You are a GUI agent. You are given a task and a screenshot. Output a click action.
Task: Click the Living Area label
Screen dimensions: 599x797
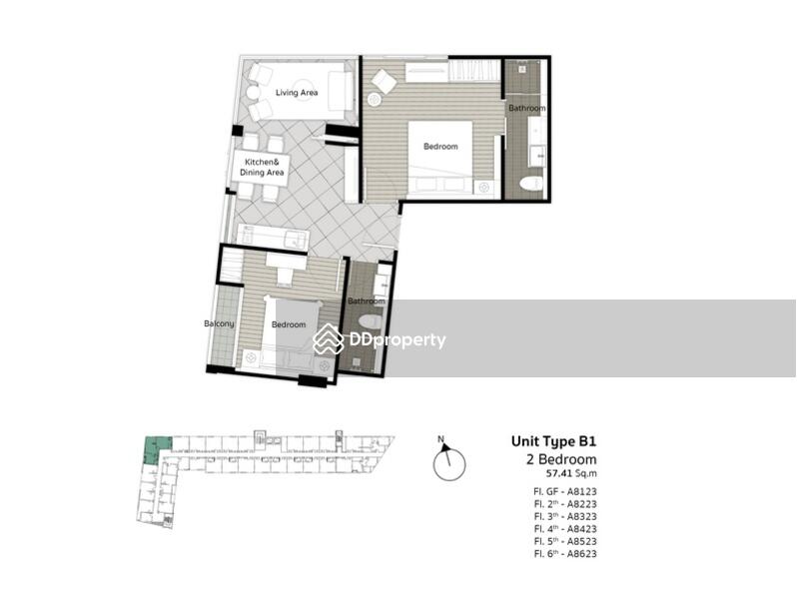pyautogui.click(x=296, y=93)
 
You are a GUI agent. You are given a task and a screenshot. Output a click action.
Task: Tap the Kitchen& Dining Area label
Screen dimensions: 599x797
pyautogui.click(x=262, y=167)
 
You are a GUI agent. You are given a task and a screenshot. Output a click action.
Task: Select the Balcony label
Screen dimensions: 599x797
pyautogui.click(x=219, y=323)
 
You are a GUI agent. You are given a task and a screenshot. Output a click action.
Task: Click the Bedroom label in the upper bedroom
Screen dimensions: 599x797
pyautogui.click(x=440, y=147)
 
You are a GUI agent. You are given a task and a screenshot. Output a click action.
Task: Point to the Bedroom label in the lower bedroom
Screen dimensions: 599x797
pyautogui.click(x=289, y=324)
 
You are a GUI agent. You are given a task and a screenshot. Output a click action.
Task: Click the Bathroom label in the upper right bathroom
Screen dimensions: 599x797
pyautogui.click(x=526, y=108)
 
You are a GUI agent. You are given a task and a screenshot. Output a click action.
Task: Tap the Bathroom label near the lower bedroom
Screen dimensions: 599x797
pyautogui.click(x=366, y=300)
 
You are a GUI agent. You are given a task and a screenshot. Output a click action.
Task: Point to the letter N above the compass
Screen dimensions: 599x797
pyautogui.click(x=440, y=439)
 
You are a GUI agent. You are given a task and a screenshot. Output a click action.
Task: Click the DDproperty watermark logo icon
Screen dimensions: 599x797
pyautogui.click(x=329, y=339)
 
